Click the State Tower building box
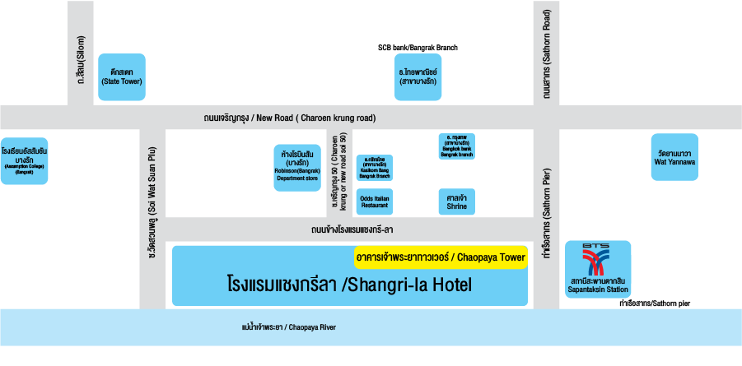[x=121, y=77]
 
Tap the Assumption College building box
[x=25, y=160]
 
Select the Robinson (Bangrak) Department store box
[x=296, y=168]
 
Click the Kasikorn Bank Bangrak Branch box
[x=374, y=167]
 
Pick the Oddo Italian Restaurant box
[x=374, y=202]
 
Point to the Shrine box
[x=456, y=202]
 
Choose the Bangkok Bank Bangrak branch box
[x=456, y=146]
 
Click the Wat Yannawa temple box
[x=674, y=157]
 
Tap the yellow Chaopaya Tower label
[x=440, y=257]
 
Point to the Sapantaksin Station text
[x=599, y=285]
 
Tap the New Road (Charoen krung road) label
[x=290, y=118]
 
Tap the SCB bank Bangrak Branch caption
[x=418, y=48]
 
